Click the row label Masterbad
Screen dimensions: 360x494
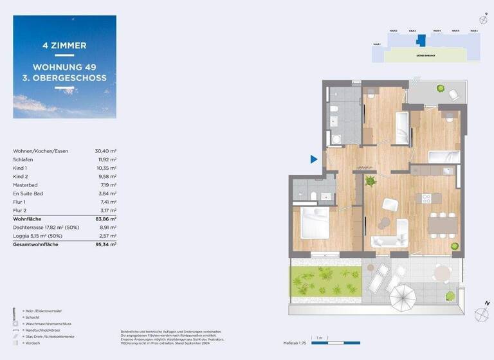pyautogui.click(x=24, y=184)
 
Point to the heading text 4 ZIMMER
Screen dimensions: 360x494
pyautogui.click(x=64, y=46)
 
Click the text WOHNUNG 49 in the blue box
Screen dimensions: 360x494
pyautogui.click(x=64, y=67)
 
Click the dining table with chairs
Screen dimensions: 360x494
pyautogui.click(x=443, y=223)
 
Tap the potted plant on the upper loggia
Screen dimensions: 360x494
pyautogui.click(x=441, y=88)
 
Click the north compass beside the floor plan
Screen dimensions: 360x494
pyautogui.click(x=481, y=314)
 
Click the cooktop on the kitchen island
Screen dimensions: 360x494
pyautogui.click(x=426, y=199)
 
